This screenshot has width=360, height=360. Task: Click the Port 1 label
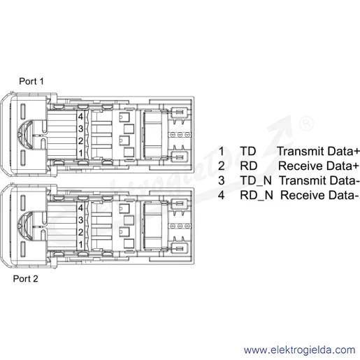31,81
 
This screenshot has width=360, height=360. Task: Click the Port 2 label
25,279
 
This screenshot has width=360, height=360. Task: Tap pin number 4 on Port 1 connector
80,116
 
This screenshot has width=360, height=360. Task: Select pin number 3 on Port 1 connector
80,129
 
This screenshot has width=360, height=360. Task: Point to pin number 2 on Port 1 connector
80,141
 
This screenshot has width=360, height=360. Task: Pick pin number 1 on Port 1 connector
80,153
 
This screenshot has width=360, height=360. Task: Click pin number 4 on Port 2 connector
80,208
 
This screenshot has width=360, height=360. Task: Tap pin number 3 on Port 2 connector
80,220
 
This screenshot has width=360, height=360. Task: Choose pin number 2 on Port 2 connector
80,232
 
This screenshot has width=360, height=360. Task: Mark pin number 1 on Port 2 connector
80,245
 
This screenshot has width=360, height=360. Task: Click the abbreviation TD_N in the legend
256,181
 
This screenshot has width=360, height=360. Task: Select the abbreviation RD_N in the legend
257,195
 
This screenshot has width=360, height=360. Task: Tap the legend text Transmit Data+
318,151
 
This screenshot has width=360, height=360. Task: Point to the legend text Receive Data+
319,166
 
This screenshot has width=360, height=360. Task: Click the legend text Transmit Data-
319,180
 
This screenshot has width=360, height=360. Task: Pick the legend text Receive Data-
319,195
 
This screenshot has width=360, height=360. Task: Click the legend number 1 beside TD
221,151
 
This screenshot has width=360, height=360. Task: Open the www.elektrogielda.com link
300,350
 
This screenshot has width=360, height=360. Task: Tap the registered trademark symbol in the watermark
306,124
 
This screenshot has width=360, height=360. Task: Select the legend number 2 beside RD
222,166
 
